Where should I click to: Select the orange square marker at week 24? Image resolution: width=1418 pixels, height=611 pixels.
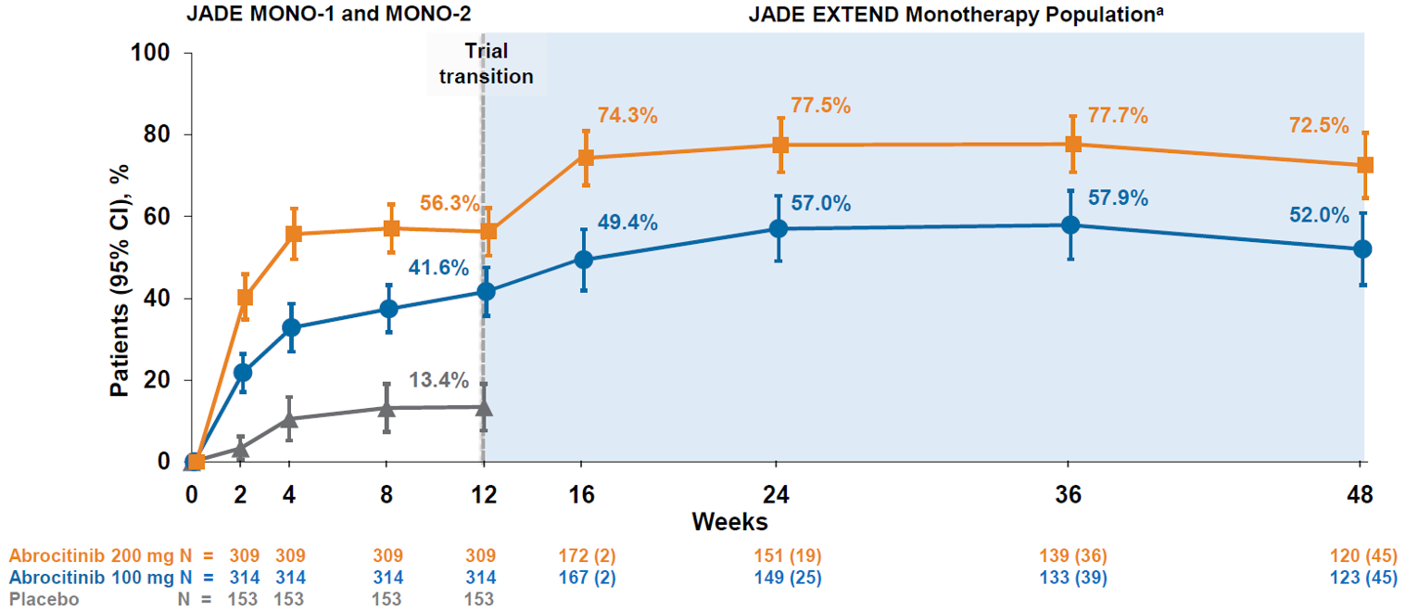[780, 145]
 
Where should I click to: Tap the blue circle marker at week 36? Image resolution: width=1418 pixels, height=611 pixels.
[1070, 225]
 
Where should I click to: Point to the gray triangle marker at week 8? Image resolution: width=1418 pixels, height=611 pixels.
[386, 407]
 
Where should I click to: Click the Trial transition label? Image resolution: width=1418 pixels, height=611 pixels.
[487, 64]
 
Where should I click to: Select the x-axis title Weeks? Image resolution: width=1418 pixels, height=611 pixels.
[729, 522]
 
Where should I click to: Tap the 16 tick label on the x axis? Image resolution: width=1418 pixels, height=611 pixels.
[580, 495]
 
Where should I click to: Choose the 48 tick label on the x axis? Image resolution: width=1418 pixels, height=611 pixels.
[1361, 495]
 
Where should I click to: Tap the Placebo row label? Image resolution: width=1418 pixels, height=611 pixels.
[44, 599]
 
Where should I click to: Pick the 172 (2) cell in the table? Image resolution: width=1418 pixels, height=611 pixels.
[580, 556]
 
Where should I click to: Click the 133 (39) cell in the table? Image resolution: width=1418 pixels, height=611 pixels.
[1070, 578]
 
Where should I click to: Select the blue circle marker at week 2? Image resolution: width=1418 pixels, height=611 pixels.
[243, 373]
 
